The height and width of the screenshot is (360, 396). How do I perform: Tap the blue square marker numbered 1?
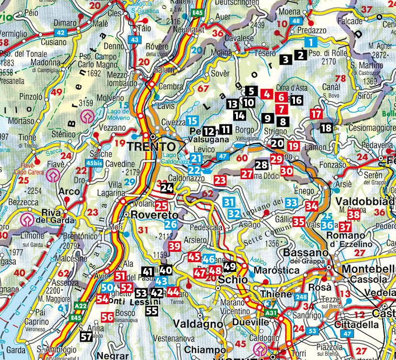pos(312,42)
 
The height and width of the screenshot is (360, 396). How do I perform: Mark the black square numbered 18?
pos(326,128)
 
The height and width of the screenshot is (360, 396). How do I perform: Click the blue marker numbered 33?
pos(291,202)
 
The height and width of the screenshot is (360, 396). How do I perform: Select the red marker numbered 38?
pos(353,215)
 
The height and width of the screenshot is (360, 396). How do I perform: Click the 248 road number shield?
pos(301,297)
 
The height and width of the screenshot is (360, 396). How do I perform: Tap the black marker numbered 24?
pos(167,188)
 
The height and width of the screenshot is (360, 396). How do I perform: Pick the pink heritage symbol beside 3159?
pos(87,116)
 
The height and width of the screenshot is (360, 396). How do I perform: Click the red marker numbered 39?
pos(175,246)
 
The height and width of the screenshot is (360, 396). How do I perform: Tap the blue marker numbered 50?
pos(107,287)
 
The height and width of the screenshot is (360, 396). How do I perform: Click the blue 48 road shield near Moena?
pos(296,21)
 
